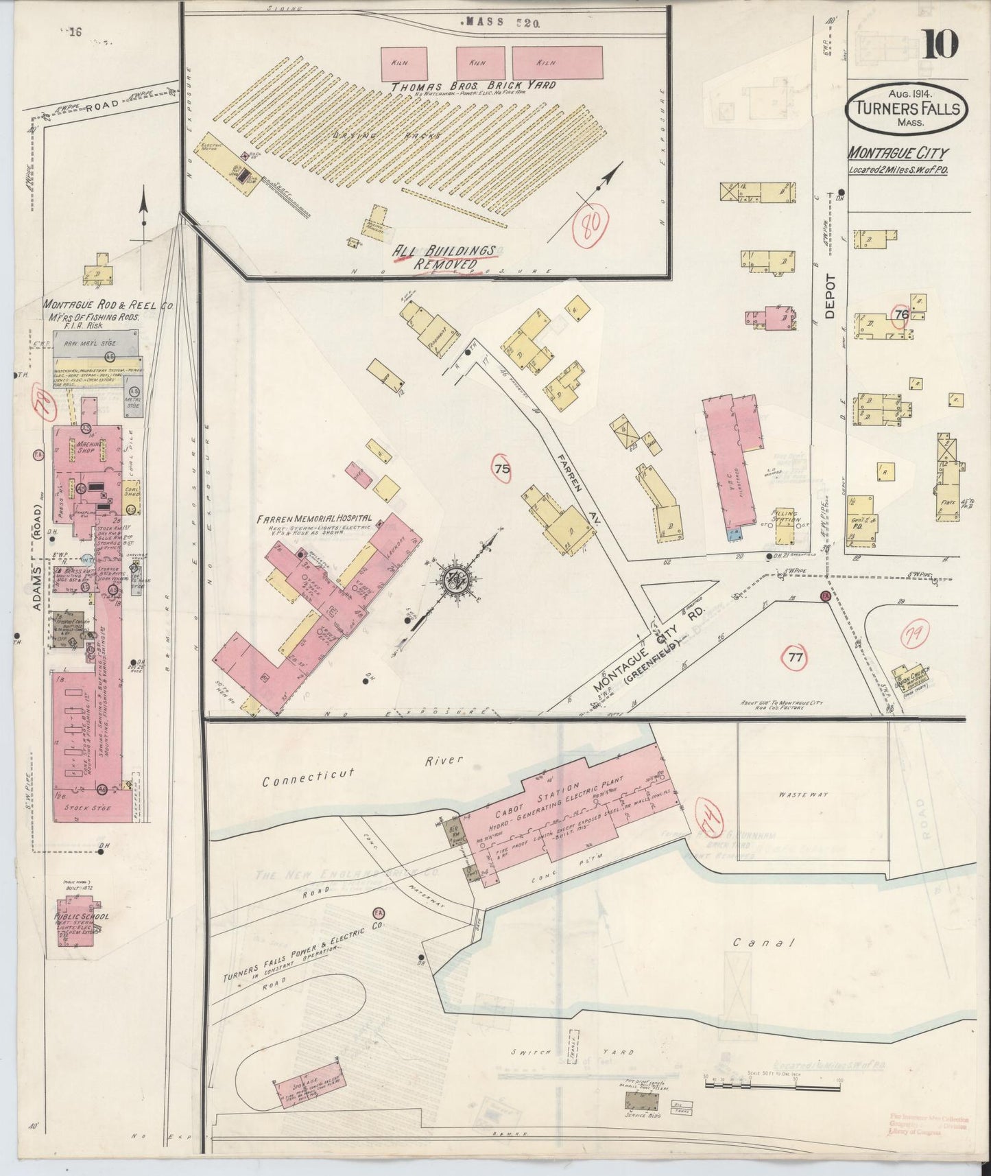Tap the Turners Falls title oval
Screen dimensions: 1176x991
coord(906,110)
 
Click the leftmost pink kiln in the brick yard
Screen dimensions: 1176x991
coord(405,63)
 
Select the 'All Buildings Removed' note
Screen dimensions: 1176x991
coord(444,257)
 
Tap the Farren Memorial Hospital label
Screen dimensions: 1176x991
coord(314,519)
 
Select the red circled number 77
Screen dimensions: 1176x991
coord(795,658)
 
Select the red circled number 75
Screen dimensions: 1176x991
coord(502,469)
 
